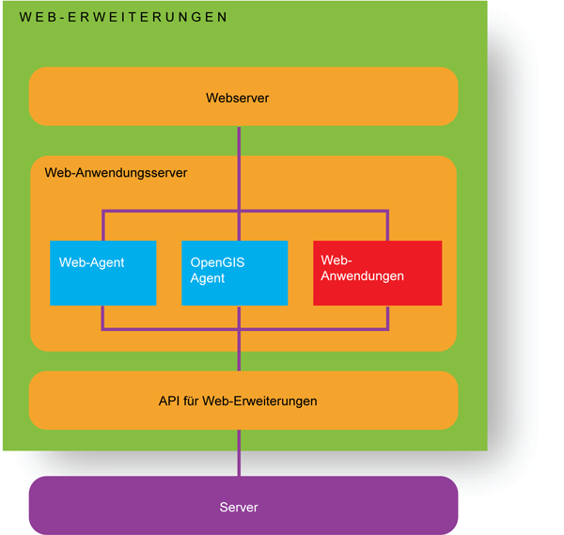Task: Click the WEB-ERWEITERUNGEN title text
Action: (123, 17)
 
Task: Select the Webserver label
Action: (238, 98)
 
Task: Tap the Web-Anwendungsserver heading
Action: (116, 173)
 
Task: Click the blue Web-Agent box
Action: (102, 274)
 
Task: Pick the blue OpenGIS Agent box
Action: (234, 274)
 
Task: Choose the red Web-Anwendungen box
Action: (377, 274)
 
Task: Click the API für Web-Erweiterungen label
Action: (238, 401)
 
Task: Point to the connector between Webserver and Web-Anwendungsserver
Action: (239, 140)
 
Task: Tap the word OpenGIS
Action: (217, 263)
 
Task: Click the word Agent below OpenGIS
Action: (208, 278)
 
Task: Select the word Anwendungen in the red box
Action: (362, 275)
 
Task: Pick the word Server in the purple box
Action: (239, 507)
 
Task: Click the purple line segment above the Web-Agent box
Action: (102, 226)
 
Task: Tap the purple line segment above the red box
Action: (387, 226)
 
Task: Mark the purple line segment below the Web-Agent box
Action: (102, 318)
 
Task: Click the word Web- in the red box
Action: (336, 260)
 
